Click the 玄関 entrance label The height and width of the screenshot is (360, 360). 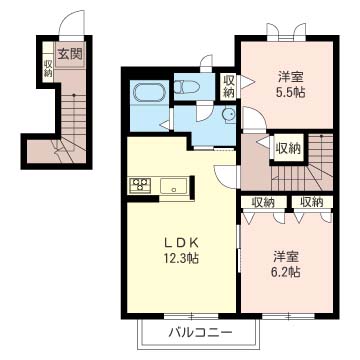coord(70,54)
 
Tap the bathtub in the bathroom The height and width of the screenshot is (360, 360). coord(149,92)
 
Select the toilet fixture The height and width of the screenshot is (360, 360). coord(187,87)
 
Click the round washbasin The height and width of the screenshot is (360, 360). coord(229,115)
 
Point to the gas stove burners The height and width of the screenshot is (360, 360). coord(140,184)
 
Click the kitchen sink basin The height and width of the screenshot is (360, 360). coord(173,186)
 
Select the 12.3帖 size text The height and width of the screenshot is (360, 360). coord(181,257)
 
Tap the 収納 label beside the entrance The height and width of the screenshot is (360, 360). coord(48,68)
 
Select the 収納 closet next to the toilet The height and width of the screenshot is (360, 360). coord(228,86)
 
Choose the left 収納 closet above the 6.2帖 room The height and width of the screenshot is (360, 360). coord(263,202)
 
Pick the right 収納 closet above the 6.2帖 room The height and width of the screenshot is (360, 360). coord(312,202)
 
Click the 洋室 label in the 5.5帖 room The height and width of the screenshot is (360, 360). coord(290,77)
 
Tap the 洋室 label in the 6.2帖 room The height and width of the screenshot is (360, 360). coord(286,257)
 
